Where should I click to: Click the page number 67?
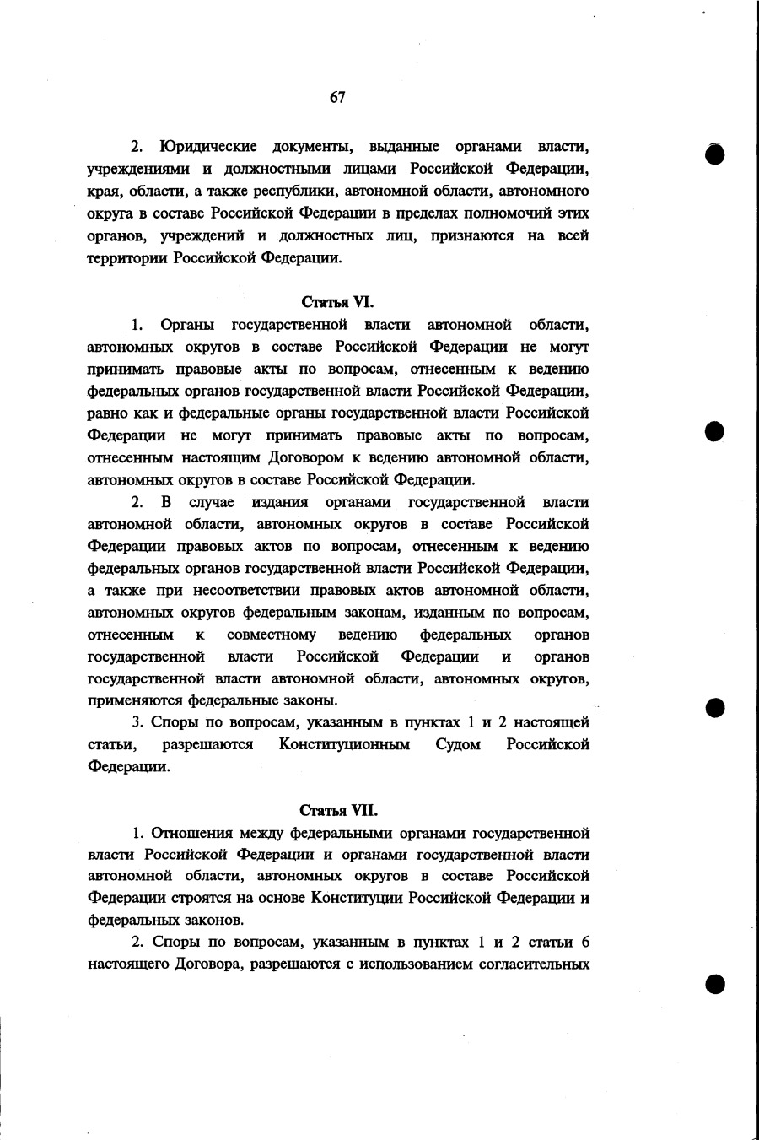(337, 97)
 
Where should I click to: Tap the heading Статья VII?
(338, 811)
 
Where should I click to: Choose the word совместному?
(272, 634)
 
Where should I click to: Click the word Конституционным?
(344, 744)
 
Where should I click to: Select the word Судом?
(457, 744)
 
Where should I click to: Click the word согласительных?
(536, 964)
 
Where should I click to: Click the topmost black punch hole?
(715, 156)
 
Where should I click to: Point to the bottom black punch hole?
(715, 985)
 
